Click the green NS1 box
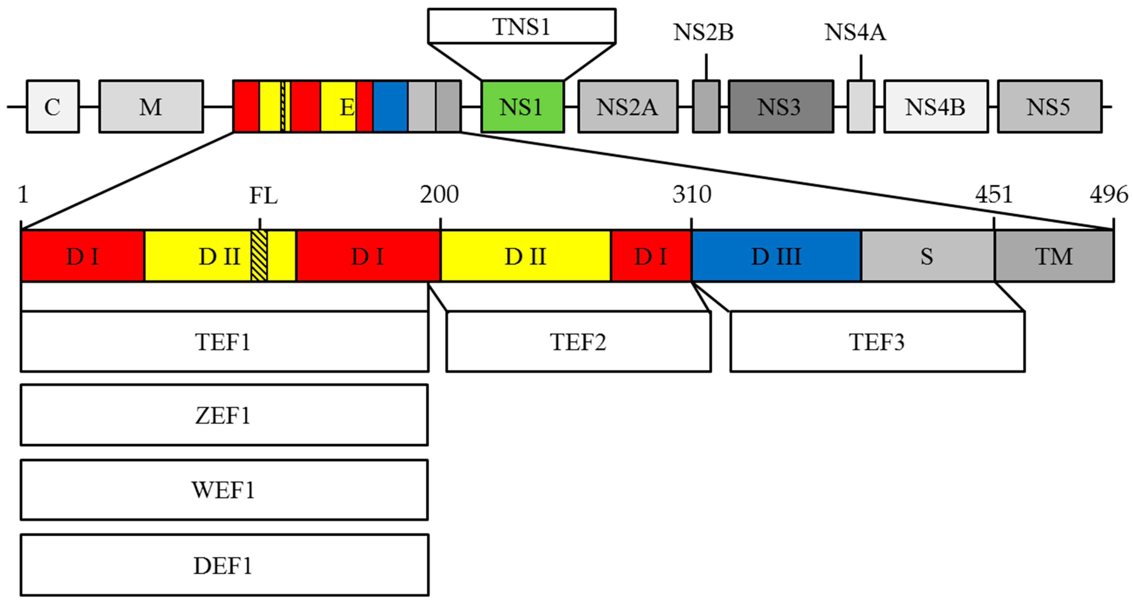[522, 106]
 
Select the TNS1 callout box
[522, 26]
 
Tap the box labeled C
[53, 106]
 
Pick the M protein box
[151, 106]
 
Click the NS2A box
[628, 106]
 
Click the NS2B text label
[703, 32]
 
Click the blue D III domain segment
[776, 256]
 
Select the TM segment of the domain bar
[1054, 256]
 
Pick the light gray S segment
[927, 256]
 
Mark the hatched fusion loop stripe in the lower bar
[259, 256]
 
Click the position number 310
[691, 194]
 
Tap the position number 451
[994, 194]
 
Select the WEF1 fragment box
[224, 490]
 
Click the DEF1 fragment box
[224, 565]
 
